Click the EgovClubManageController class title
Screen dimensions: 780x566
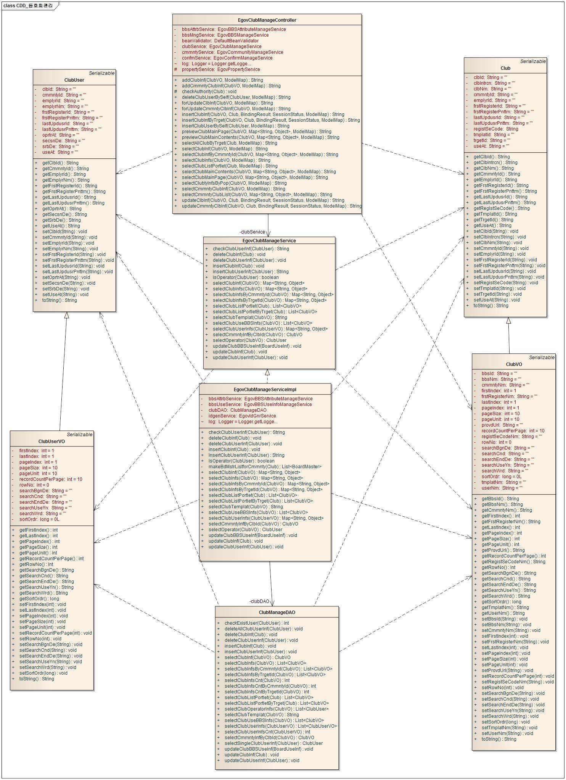[x=267, y=20]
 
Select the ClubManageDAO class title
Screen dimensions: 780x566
[x=277, y=612]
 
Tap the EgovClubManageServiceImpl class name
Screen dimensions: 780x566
[x=265, y=390]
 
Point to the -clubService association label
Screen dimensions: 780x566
[x=252, y=232]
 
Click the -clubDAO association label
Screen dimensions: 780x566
[x=259, y=601]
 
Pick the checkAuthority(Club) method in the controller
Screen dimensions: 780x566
[x=209, y=92]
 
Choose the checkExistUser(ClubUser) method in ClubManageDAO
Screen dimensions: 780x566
[x=256, y=623]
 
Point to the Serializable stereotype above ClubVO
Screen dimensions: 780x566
[x=542, y=358]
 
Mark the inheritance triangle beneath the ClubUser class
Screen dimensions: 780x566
[x=66, y=315]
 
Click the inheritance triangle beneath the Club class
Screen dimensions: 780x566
[x=508, y=321]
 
